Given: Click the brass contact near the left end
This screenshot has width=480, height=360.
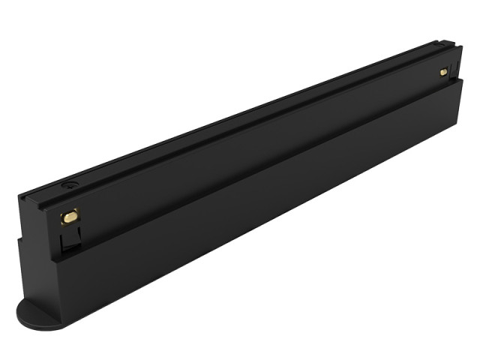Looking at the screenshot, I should [x=70, y=217].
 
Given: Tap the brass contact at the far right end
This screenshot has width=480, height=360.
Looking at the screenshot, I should [x=443, y=72].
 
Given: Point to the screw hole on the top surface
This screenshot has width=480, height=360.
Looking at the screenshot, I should [x=69, y=184].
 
